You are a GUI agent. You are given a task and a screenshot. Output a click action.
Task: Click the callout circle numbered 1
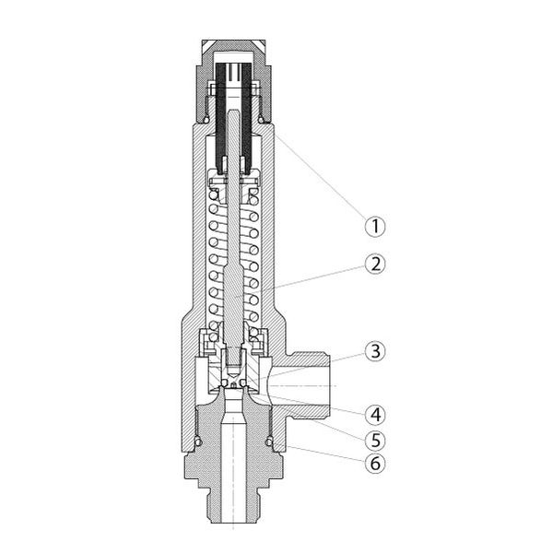[x=375, y=226]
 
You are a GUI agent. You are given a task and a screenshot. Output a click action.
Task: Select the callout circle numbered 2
[x=375, y=265]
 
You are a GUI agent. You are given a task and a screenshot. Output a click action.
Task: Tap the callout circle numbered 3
[x=375, y=351]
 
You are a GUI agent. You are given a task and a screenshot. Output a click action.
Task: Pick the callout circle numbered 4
[x=375, y=414]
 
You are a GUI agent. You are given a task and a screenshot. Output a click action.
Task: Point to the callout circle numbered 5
[x=375, y=440]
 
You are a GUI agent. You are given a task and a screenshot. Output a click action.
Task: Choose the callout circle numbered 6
[x=375, y=463]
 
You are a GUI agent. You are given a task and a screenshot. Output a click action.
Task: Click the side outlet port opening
[x=300, y=386]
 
